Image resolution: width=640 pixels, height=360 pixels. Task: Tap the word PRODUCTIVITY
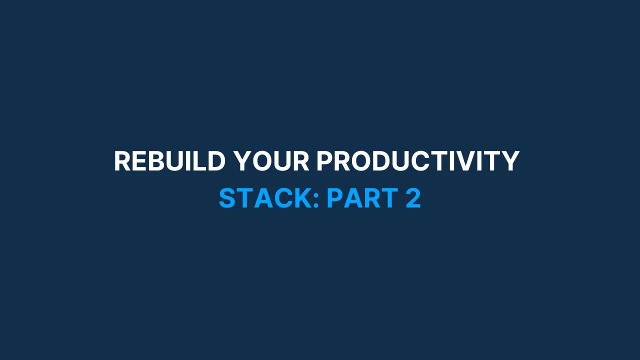coord(418,161)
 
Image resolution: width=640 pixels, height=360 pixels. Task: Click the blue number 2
coord(413,198)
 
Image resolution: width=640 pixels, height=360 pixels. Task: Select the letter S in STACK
coord(227,198)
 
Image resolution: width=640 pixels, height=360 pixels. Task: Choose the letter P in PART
coord(334,198)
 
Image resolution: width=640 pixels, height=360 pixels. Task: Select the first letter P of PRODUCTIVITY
coord(324,161)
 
